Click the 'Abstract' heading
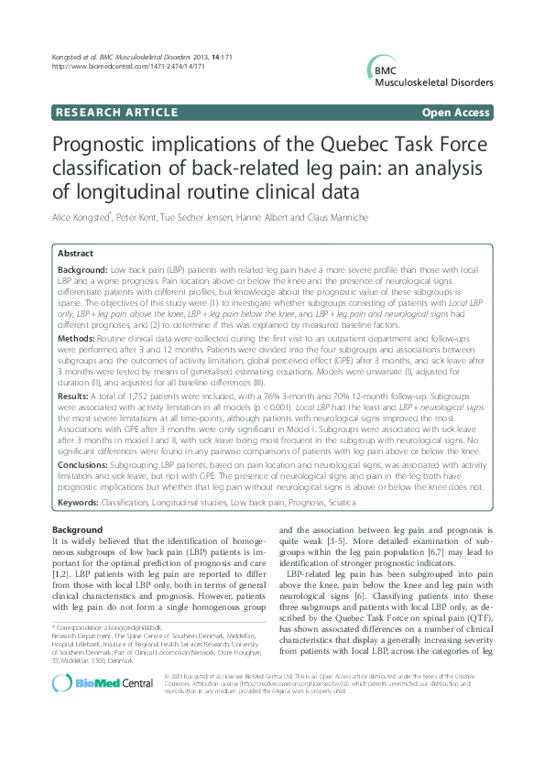pyautogui.click(x=75, y=253)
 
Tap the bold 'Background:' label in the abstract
pyautogui.click(x=82, y=272)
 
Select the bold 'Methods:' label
pyautogui.click(x=77, y=338)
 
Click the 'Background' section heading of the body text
pyautogui.click(x=78, y=530)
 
